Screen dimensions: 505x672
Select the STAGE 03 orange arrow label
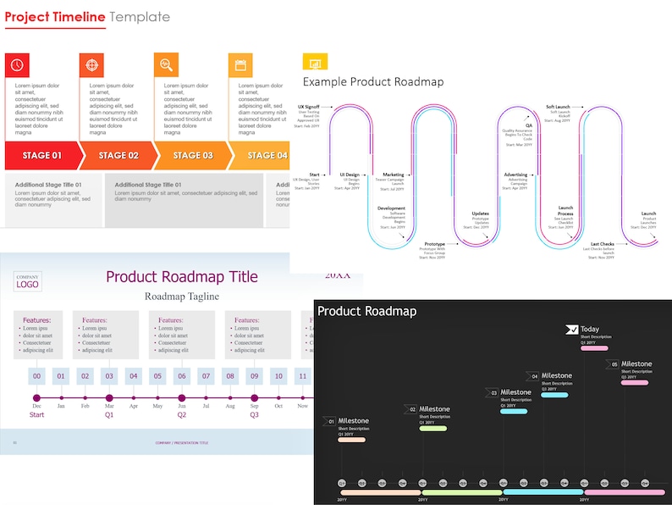coord(193,156)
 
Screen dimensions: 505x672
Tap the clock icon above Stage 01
coord(17,65)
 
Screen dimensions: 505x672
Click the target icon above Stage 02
coord(91,65)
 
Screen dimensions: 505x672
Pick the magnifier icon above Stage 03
coord(166,65)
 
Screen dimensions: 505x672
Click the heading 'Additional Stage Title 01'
coord(48,185)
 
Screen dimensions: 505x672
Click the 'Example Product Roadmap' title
coord(372,81)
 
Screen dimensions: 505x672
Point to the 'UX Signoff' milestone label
coord(309,108)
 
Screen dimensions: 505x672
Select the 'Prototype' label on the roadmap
coord(434,244)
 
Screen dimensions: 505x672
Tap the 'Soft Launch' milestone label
coord(557,107)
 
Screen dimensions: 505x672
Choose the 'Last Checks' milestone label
coord(603,244)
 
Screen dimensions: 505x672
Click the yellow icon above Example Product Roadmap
coord(315,63)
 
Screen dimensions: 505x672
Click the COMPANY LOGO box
coord(28,281)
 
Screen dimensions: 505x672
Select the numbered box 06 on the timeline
coord(181,376)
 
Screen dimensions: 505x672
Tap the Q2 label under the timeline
coord(181,415)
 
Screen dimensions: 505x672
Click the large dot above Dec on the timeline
coord(36,397)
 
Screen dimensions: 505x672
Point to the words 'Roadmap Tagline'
coord(181,297)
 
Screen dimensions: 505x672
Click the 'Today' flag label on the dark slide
coord(589,330)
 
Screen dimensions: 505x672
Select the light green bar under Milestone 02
coord(432,428)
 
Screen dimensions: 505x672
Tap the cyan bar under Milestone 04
coord(554,395)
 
